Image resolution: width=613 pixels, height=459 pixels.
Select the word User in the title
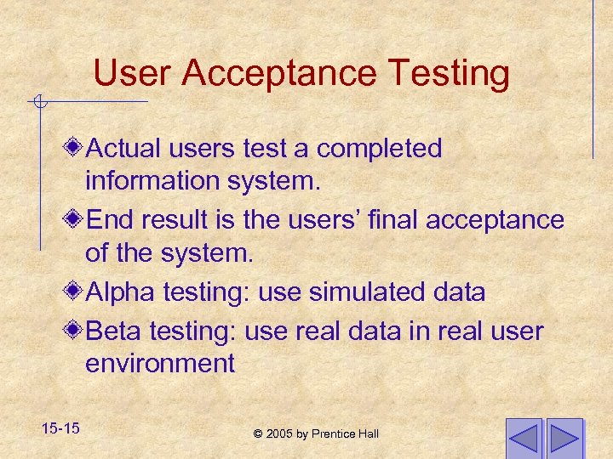click(135, 73)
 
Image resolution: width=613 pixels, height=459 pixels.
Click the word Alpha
click(120, 292)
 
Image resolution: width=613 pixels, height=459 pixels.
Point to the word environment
click(159, 364)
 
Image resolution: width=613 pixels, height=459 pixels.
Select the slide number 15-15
click(59, 428)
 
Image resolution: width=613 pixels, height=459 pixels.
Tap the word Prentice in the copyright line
click(335, 433)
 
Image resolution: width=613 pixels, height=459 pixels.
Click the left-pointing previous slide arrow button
click(523, 439)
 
